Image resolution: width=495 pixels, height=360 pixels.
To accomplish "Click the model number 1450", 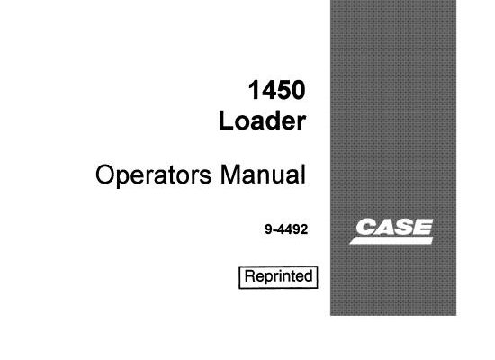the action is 277,90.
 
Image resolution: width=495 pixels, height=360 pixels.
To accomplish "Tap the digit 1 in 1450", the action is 255,90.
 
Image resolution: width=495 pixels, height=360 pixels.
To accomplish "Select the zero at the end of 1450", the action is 299,90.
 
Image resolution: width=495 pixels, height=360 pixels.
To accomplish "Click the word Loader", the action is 262,121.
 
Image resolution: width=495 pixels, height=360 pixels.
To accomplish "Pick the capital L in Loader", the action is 225,121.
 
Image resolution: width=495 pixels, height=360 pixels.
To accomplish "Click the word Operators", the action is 153,175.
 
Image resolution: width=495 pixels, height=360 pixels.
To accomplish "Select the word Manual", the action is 264,175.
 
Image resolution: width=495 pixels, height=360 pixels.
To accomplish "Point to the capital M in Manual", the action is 229,175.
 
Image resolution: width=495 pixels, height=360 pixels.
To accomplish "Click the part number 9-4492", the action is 286,229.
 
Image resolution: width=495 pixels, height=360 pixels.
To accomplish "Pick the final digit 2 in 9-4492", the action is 304,229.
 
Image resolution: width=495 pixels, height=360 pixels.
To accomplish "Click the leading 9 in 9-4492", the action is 269,229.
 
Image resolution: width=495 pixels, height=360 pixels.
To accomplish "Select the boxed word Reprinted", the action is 278,276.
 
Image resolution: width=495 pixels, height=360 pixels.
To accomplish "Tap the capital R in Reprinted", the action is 249,275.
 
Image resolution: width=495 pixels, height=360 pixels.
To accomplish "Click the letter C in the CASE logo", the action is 366,227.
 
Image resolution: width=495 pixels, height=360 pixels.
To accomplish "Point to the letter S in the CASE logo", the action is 405,227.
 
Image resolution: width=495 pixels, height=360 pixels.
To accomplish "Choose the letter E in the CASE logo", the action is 423,227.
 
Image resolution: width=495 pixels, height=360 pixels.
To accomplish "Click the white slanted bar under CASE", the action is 391,240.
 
